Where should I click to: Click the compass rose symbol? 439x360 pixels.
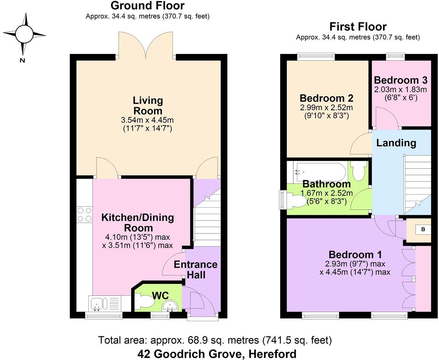[x=24, y=34]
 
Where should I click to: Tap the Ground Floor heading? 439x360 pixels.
[x=147, y=5]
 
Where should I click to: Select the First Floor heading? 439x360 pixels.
[x=358, y=26]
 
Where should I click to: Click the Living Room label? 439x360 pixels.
[x=148, y=106]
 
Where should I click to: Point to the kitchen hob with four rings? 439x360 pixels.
[x=84, y=214]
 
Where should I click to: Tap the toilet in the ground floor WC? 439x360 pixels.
[x=144, y=302]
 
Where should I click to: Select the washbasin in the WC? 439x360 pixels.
[x=169, y=305]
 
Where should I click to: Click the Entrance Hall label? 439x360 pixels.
[x=195, y=269]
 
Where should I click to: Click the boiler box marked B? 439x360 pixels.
[x=423, y=229]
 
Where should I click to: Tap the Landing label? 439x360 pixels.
[x=396, y=143]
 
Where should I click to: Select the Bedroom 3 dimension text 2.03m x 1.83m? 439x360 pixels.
[x=401, y=90]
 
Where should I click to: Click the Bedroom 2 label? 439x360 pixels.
[x=326, y=98]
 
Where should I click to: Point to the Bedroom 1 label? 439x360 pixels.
[x=355, y=255]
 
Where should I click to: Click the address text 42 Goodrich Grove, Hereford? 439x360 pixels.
[x=217, y=353]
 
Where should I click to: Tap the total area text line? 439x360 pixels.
[x=215, y=340]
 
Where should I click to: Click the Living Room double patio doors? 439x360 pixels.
[x=146, y=45]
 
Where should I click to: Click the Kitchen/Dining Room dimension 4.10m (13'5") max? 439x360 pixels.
[x=138, y=237]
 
